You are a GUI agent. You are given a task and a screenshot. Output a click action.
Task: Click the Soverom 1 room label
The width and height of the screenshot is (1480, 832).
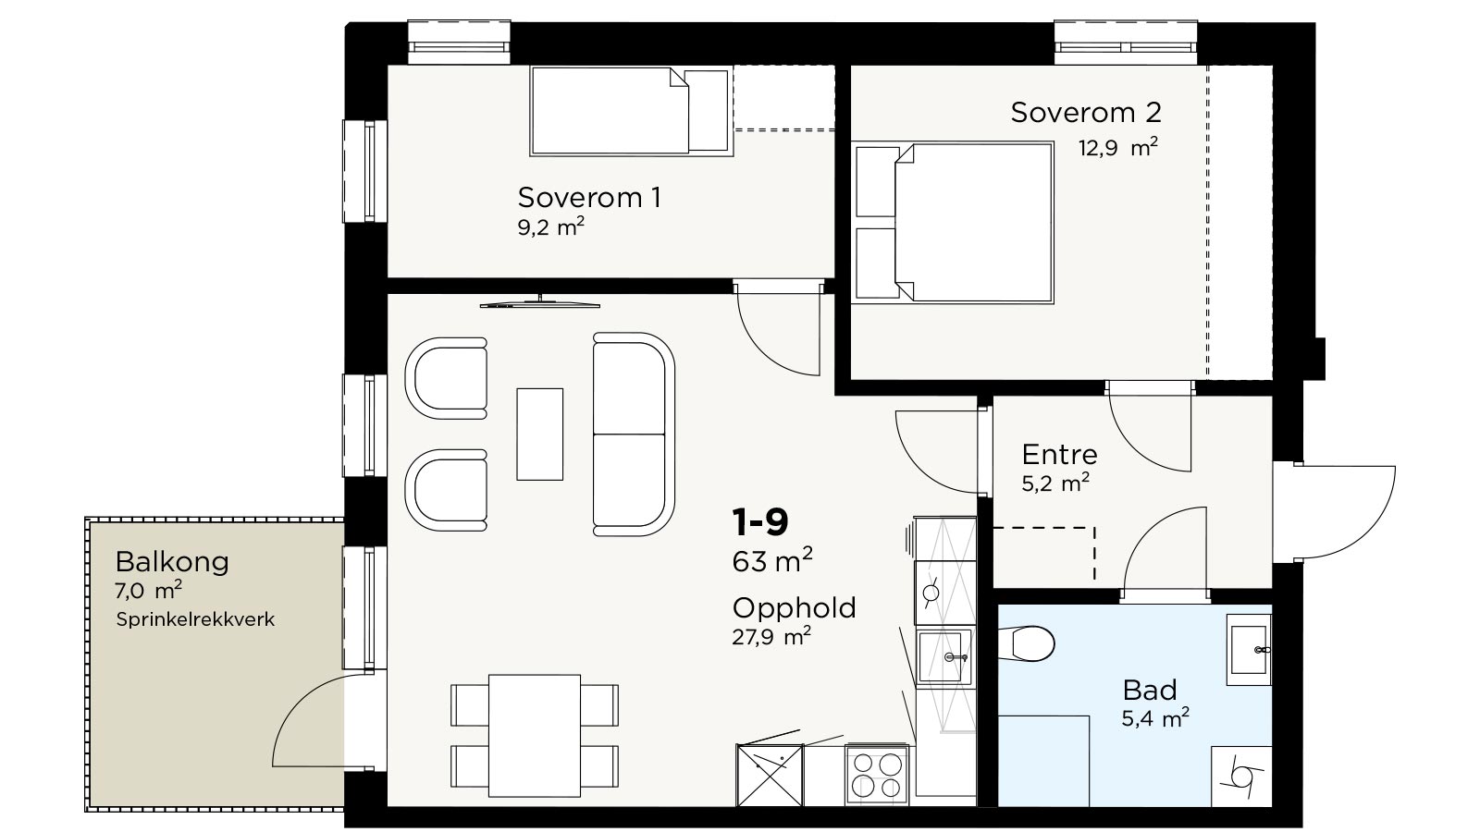click(589, 198)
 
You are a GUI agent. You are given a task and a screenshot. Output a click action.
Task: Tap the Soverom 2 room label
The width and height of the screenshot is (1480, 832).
click(1086, 112)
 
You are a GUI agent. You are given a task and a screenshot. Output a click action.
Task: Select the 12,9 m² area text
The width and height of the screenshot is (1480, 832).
click(1118, 147)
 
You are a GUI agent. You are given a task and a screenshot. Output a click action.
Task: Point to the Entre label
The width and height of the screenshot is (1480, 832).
click(1059, 454)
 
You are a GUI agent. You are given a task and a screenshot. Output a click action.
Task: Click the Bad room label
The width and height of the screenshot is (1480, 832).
click(1150, 691)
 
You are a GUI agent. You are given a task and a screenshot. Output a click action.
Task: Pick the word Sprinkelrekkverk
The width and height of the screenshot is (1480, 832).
click(195, 620)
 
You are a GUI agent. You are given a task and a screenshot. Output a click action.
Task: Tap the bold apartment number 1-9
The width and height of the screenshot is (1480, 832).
click(760, 521)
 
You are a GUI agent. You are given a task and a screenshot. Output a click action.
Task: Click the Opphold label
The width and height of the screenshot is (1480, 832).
click(795, 608)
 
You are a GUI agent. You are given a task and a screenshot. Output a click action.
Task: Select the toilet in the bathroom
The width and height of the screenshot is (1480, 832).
click(1026, 643)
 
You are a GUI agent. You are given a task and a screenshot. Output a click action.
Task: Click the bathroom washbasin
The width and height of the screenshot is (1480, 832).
click(1249, 650)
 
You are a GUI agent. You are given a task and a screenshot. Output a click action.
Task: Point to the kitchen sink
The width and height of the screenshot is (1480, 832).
click(945, 657)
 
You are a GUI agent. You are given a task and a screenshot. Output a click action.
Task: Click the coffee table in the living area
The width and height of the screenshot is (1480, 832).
click(540, 434)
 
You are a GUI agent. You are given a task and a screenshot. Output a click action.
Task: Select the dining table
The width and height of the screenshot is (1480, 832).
click(535, 736)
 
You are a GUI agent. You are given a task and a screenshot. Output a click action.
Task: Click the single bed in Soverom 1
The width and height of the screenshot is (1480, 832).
click(632, 111)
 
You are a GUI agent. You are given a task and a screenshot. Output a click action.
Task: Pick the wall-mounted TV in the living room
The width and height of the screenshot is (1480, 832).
click(540, 303)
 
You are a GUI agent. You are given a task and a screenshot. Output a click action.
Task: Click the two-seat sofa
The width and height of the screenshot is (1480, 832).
click(634, 434)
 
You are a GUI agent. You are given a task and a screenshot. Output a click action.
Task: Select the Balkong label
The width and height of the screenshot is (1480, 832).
click(172, 562)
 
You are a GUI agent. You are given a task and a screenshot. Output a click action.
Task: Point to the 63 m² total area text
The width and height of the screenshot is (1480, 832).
click(771, 560)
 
